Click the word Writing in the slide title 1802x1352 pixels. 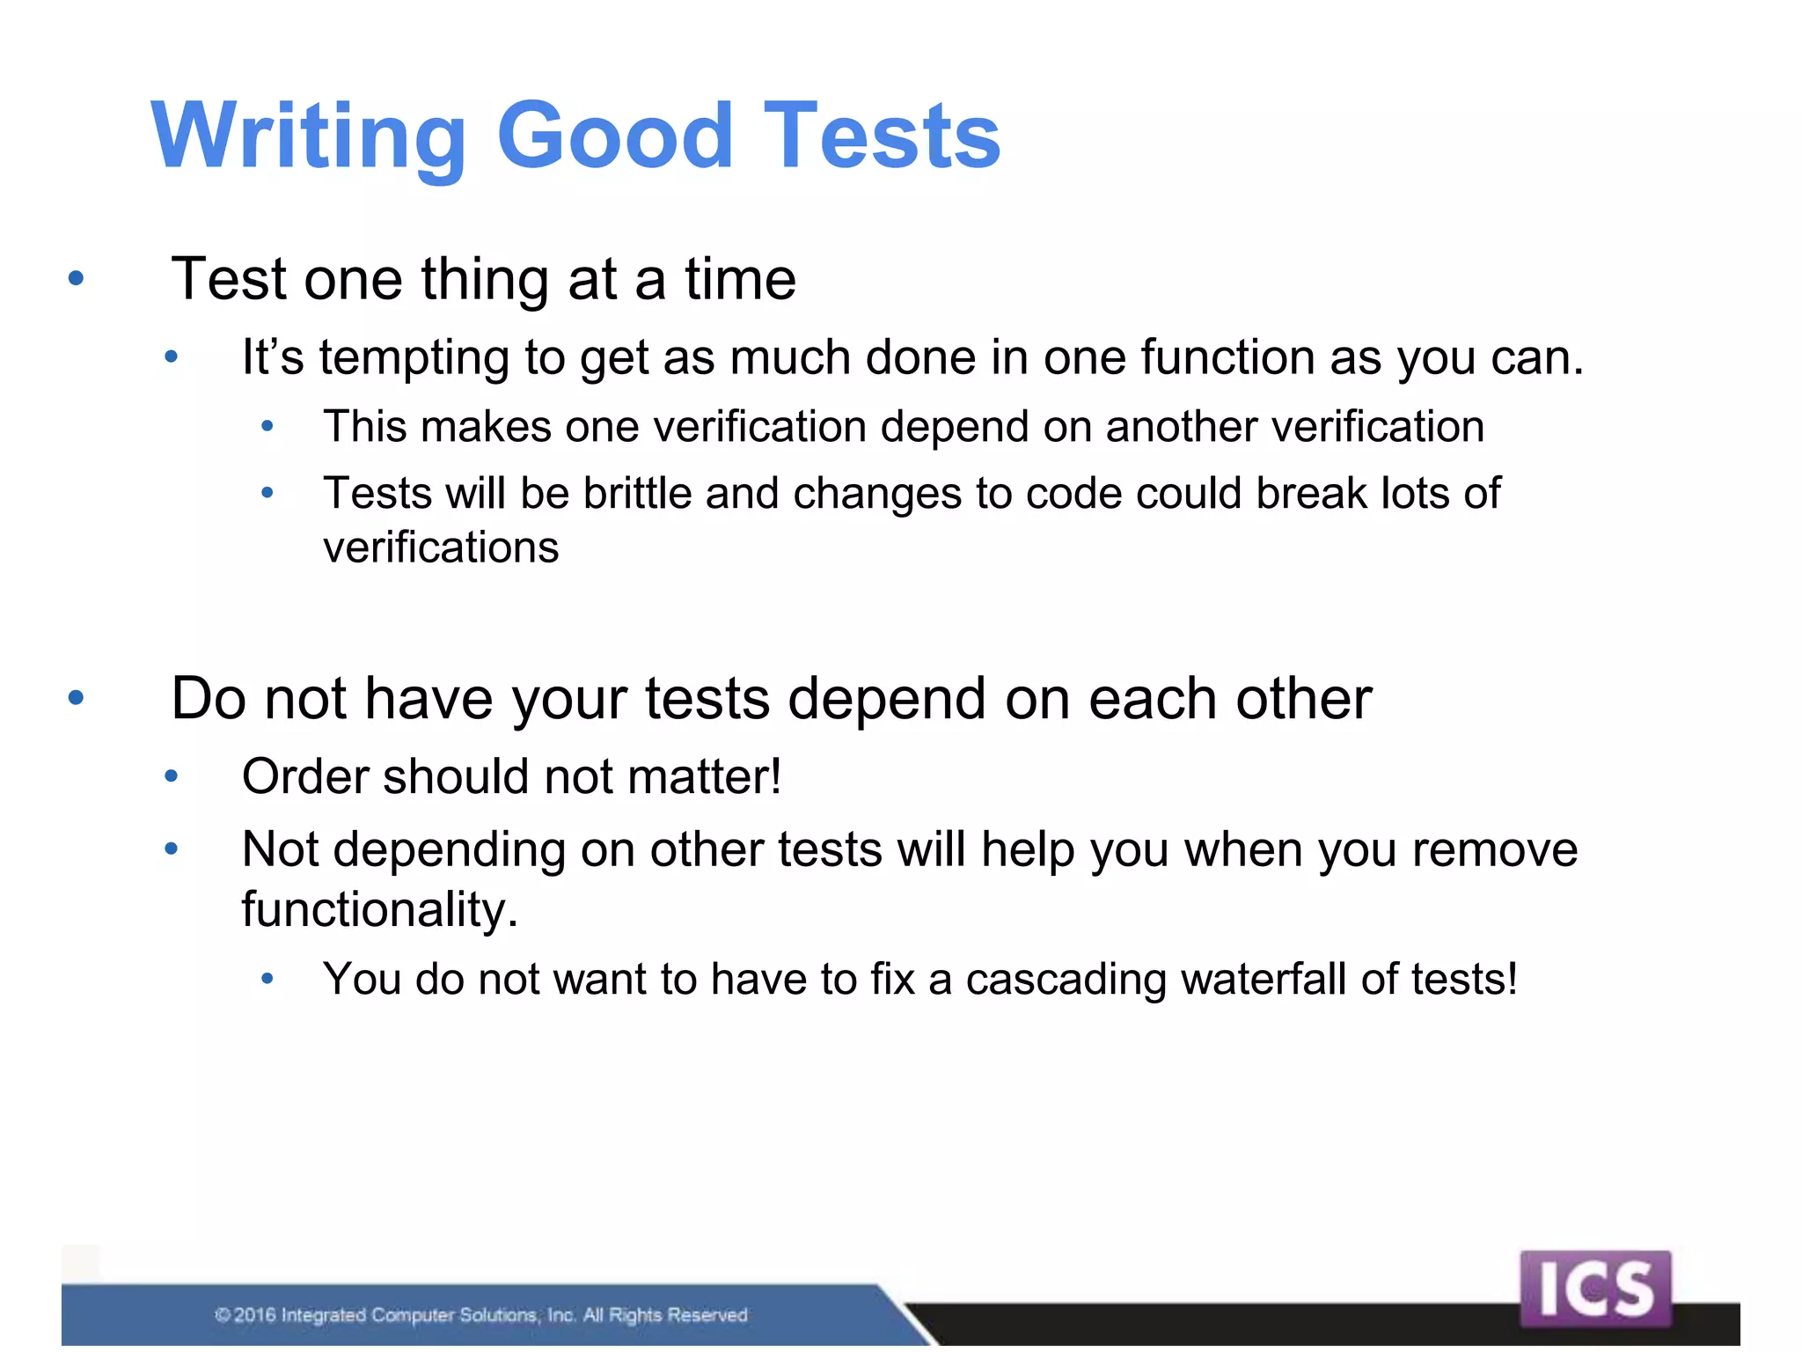pos(308,136)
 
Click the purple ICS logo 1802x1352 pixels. pos(1594,1289)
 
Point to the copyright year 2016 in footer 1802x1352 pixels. pos(255,1315)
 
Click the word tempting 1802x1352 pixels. pos(414,359)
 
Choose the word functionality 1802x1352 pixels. pos(379,909)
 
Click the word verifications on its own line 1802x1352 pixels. pos(441,547)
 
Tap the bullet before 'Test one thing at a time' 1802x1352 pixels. pos(77,279)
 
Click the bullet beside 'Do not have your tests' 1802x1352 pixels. pos(77,698)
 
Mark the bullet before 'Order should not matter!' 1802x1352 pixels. pos(172,776)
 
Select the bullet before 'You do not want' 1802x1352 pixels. pos(267,979)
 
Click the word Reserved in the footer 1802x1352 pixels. pos(707,1315)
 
